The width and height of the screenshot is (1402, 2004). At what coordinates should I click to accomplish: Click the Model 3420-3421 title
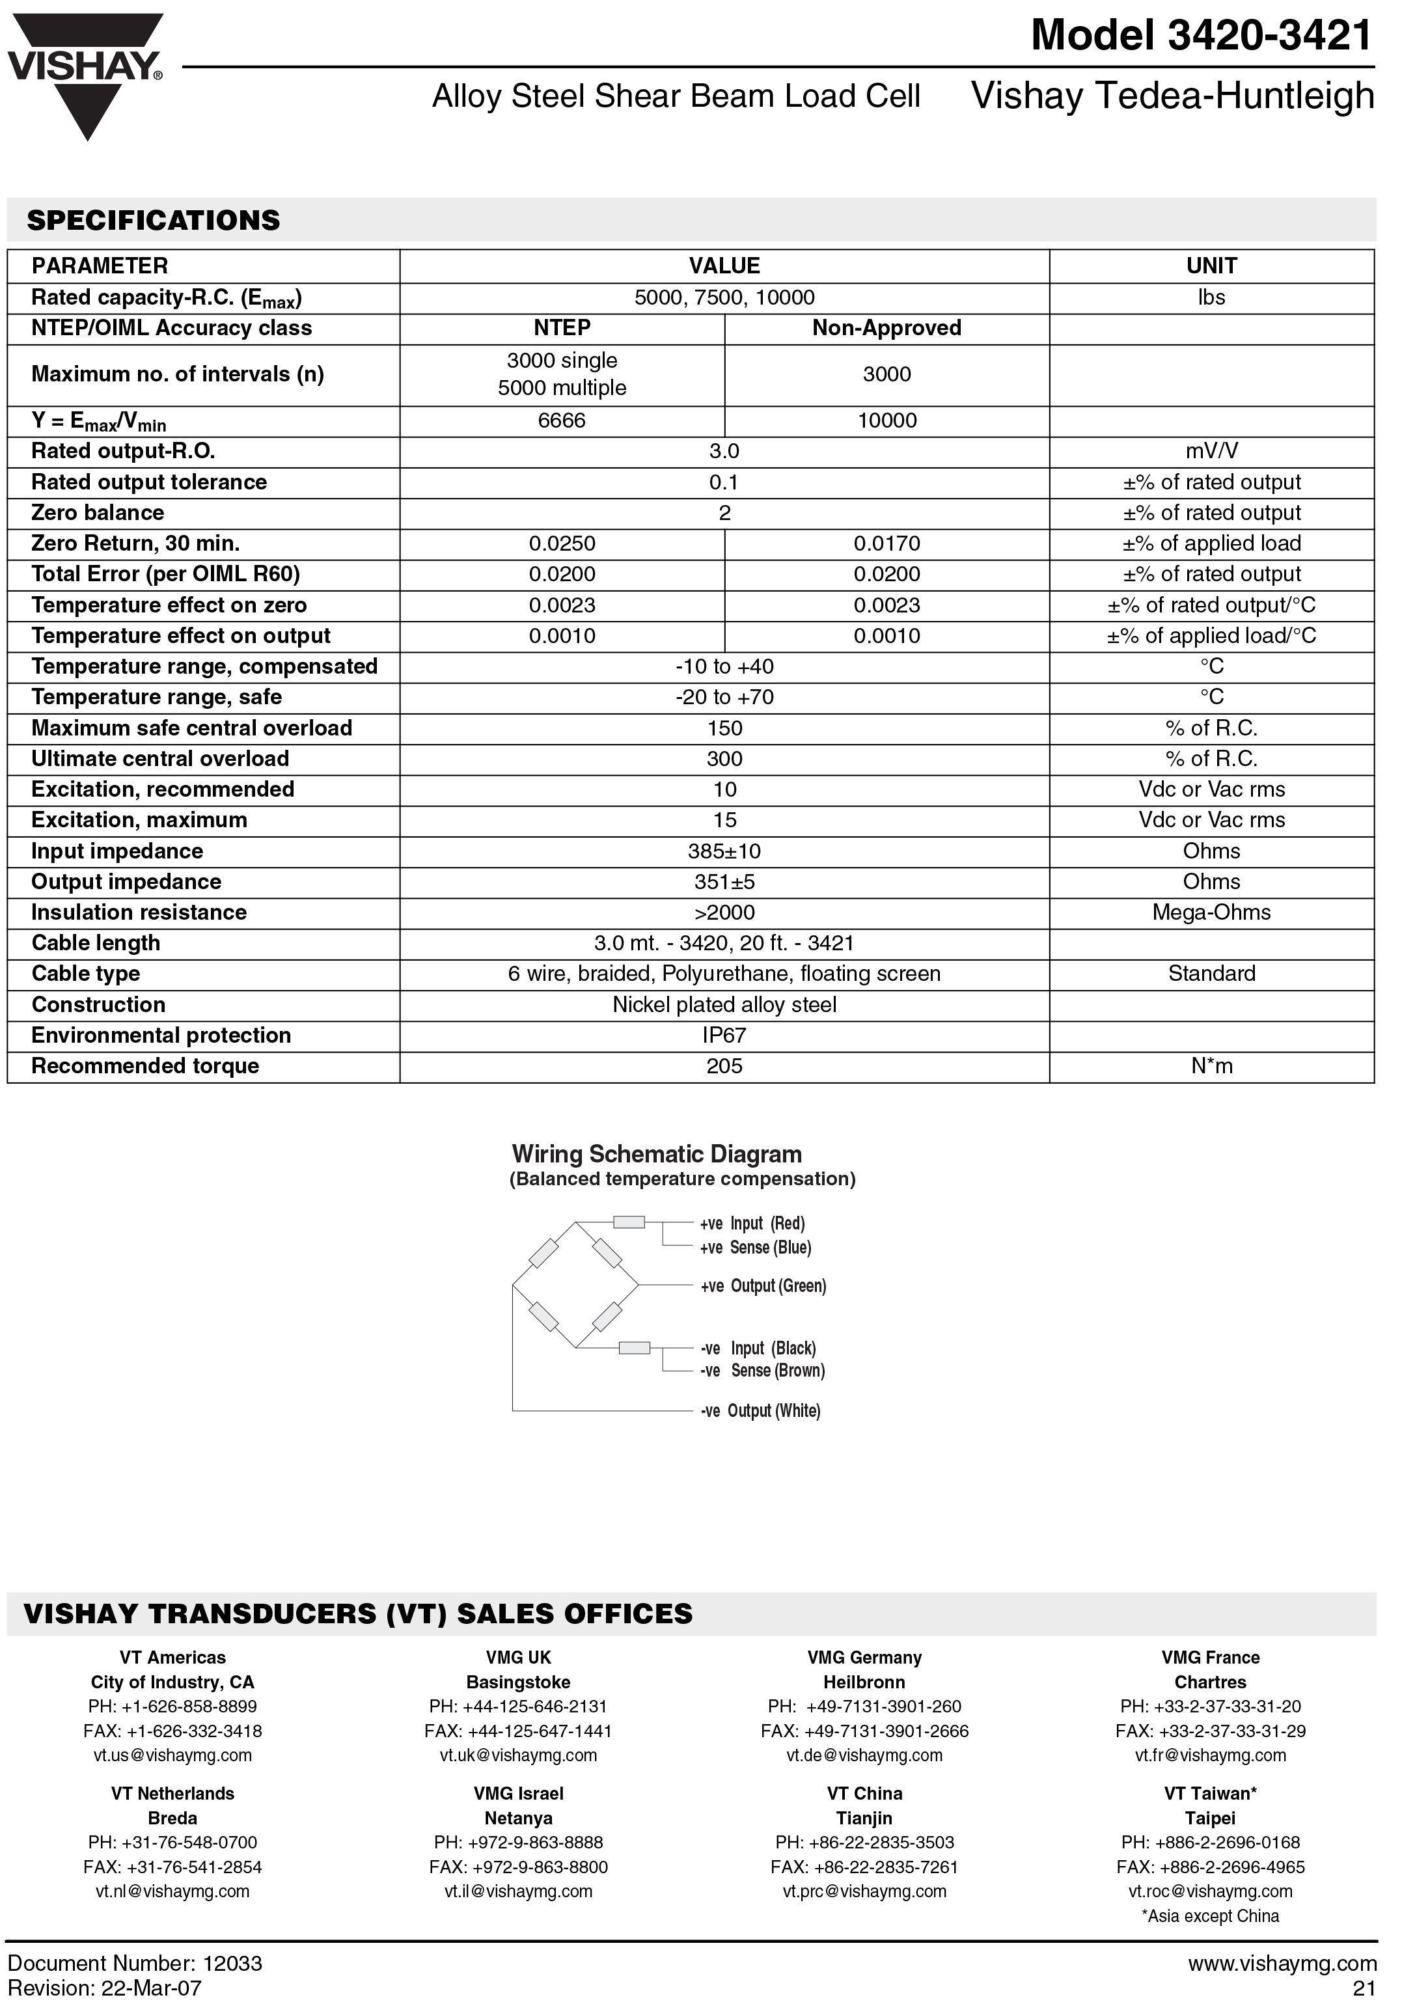pos(1202,36)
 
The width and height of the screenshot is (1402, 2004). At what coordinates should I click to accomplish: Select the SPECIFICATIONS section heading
pos(154,220)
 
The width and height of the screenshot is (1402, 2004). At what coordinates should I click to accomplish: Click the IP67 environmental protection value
pos(724,1035)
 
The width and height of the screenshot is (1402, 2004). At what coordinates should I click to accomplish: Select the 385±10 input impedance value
pos(724,851)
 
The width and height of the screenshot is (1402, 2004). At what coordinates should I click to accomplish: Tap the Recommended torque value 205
pos(724,1065)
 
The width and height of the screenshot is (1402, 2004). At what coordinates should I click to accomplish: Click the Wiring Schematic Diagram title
pos(657,1154)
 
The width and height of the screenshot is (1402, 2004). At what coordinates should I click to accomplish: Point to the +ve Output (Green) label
pos(762,1285)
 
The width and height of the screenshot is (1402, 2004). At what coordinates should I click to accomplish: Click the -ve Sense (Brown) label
pos(762,1370)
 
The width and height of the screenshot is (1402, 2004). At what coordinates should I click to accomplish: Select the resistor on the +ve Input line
pos(629,1222)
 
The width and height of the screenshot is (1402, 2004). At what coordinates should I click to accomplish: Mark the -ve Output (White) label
pos(760,1410)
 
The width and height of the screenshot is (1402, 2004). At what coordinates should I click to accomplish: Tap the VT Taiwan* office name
pos(1210,1794)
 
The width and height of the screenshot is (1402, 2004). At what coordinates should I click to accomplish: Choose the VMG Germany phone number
pos(864,1707)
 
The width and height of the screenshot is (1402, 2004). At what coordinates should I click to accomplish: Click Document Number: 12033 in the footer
pos(135,1963)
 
